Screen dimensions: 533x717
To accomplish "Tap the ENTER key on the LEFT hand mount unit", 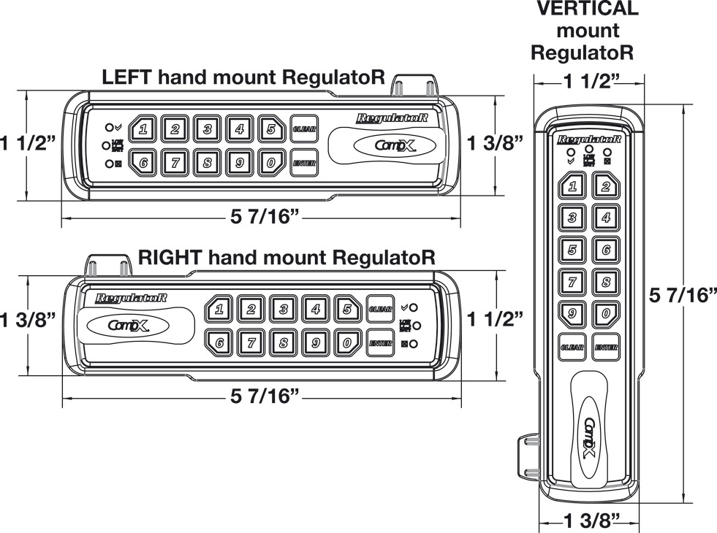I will click(303, 163).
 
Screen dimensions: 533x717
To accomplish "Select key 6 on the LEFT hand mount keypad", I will click(143, 163).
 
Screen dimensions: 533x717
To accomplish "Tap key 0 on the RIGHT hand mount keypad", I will click(348, 342).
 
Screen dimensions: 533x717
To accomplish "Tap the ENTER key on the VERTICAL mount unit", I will click(606, 348).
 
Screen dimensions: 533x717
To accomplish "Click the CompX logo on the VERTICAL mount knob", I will click(590, 437).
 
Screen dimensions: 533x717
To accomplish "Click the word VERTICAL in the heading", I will click(587, 9).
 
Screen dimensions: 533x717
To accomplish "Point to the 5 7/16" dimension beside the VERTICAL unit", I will click(682, 295).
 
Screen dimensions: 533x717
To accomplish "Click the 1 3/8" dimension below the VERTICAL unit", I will click(592, 520).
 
